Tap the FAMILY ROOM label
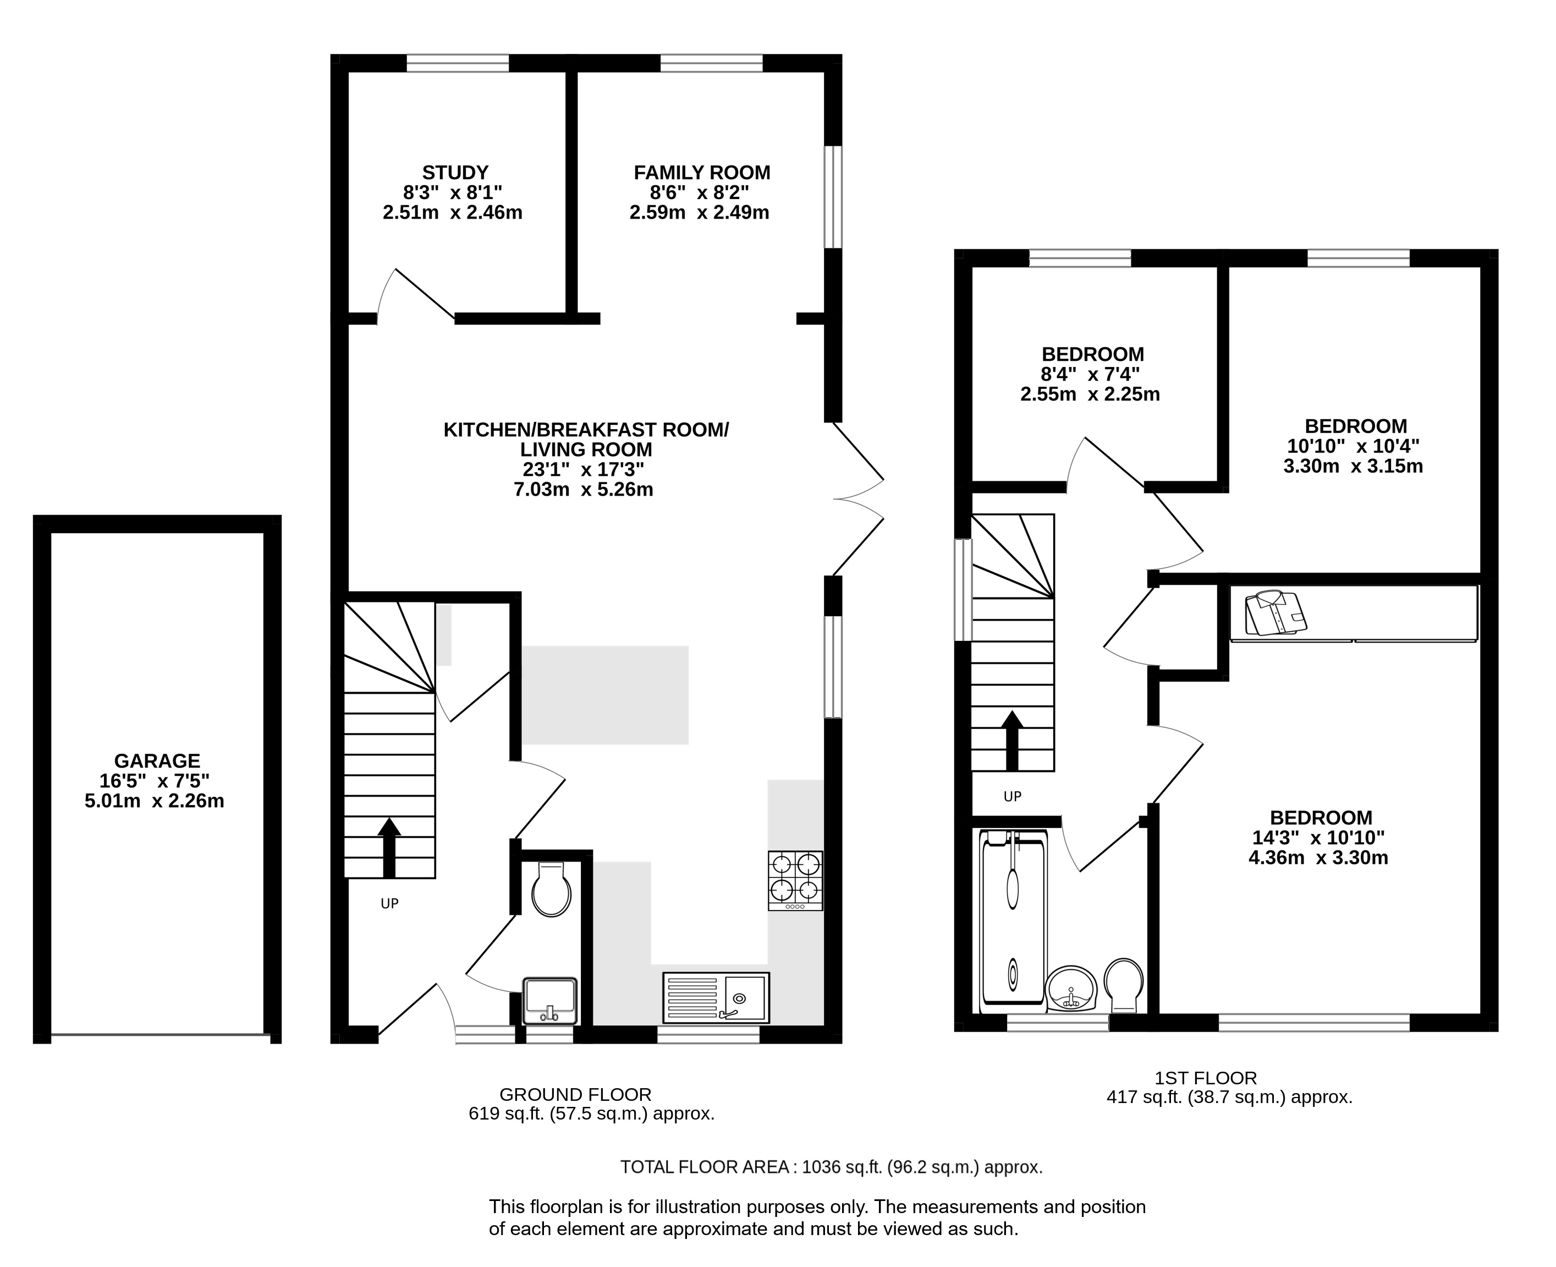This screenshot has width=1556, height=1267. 702,173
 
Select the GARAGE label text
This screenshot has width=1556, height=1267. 157,761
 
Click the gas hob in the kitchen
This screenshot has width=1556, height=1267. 795,880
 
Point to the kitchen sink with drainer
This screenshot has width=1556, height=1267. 716,997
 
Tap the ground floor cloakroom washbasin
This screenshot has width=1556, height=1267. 550,1001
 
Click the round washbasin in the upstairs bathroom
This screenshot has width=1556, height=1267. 1071,988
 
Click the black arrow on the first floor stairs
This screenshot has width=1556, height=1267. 1012,740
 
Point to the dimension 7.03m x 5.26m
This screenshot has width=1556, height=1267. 584,489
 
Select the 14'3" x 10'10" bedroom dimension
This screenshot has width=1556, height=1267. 1319,838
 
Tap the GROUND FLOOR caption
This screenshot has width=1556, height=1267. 575,1095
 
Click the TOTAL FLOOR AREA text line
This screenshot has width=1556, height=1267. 832,1167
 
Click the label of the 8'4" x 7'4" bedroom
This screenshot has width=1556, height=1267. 1093,355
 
